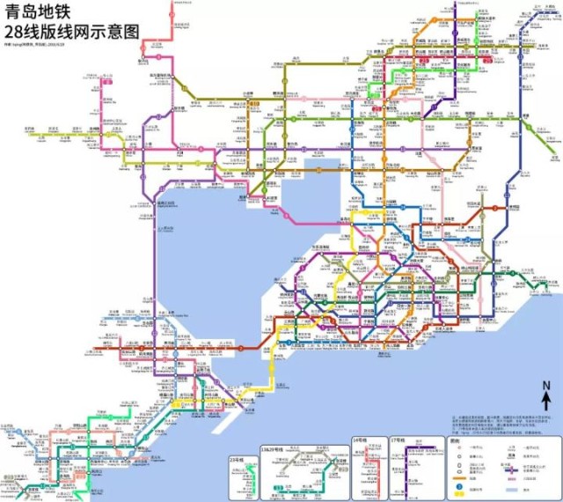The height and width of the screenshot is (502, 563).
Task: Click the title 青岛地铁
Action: click(44, 12)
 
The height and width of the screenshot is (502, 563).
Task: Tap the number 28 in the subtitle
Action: click(16, 32)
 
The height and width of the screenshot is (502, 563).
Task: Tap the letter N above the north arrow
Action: click(546, 386)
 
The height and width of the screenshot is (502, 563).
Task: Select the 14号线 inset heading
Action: click(362, 439)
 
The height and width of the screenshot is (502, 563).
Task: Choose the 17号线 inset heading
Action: click(398, 439)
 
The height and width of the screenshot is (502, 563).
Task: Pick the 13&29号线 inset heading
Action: click(274, 447)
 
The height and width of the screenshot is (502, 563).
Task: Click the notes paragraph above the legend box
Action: click(501, 422)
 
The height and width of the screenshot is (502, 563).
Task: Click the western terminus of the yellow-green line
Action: click(28, 135)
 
